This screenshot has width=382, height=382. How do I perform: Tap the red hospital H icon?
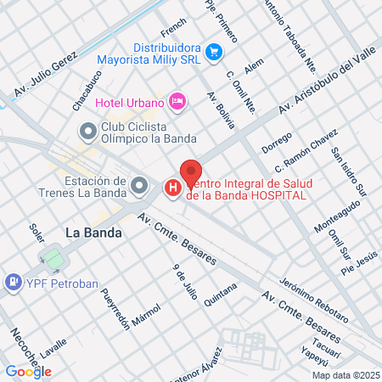[172, 187]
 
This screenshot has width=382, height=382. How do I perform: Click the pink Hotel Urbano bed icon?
[177, 102]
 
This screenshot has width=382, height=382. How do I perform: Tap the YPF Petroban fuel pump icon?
[14, 281]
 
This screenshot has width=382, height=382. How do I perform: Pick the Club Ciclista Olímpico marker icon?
[87, 132]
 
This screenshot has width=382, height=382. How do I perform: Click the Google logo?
[28, 371]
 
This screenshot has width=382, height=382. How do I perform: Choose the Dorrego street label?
[277, 142]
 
